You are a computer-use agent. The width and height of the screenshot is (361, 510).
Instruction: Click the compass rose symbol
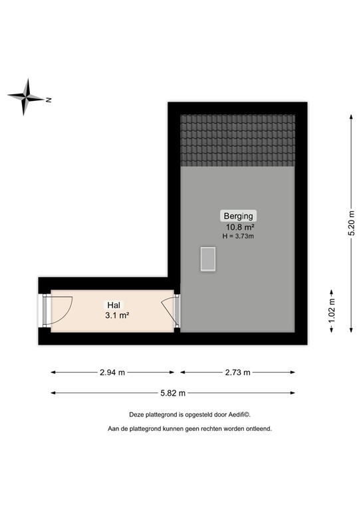pos(27,97)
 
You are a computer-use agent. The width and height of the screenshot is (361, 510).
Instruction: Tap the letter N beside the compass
pos(49,100)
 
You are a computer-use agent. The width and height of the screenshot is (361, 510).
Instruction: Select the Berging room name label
pos(237,216)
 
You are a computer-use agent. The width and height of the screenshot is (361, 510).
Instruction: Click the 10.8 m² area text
pos(237,226)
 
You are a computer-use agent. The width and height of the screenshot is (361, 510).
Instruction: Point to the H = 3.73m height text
pos(237,236)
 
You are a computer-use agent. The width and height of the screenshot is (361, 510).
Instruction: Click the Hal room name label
pos(113,305)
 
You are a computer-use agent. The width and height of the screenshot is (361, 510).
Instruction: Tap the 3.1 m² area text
pos(116,315)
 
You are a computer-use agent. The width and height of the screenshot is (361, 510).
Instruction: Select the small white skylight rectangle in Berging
pos(208,259)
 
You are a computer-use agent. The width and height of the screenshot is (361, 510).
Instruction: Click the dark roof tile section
pos(237,140)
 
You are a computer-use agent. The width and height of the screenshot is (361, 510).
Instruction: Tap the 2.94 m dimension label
pos(112,373)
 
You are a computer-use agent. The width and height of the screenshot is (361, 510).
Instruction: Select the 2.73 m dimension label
pos(237,373)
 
